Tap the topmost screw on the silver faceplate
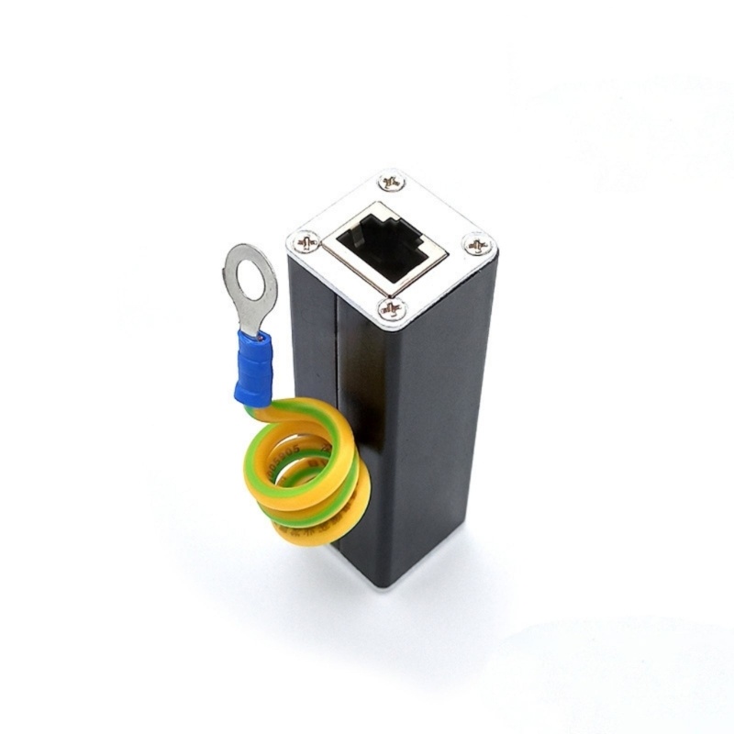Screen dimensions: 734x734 click(x=392, y=182)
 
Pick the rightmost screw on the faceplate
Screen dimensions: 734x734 click(x=478, y=245)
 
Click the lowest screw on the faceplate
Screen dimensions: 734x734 click(x=392, y=309)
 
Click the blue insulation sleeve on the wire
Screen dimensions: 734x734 click(x=255, y=367)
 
